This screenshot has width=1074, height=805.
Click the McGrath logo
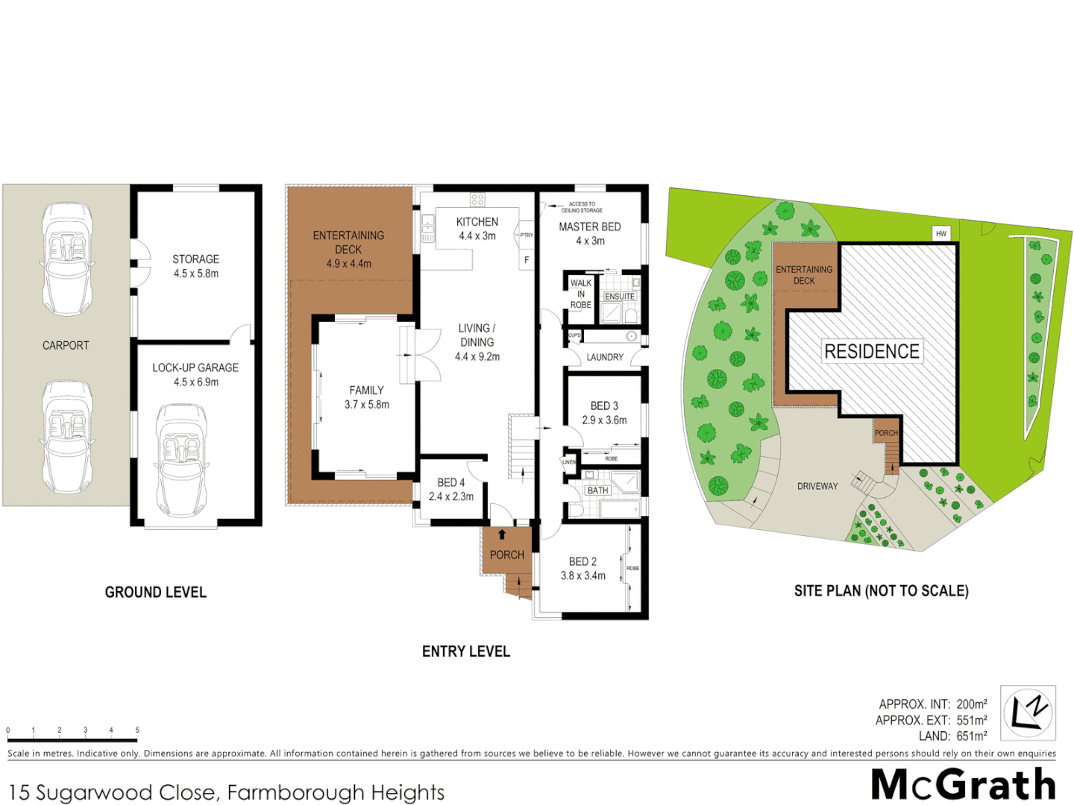click(963, 784)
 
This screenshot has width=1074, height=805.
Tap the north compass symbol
click(1027, 713)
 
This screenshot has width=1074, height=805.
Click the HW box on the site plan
click(941, 233)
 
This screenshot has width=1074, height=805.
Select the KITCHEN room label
click(477, 222)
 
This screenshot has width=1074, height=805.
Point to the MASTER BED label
click(590, 227)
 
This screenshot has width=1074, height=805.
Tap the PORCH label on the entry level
click(507, 555)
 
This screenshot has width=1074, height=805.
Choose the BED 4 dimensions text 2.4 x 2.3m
click(451, 496)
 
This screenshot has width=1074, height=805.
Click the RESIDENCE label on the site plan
click(871, 351)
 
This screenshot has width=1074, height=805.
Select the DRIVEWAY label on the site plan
click(817, 486)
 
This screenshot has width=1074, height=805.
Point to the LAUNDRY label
click(605, 357)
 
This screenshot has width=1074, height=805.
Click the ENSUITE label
click(620, 296)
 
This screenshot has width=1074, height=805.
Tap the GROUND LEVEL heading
click(155, 592)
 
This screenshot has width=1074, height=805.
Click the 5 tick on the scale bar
click(137, 730)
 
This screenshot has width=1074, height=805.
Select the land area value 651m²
click(972, 736)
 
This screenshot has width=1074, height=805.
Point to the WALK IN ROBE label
click(580, 294)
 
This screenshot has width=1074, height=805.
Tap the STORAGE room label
click(196, 259)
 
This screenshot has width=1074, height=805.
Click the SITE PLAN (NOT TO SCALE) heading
click(881, 591)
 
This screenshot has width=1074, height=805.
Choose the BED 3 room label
click(604, 405)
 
